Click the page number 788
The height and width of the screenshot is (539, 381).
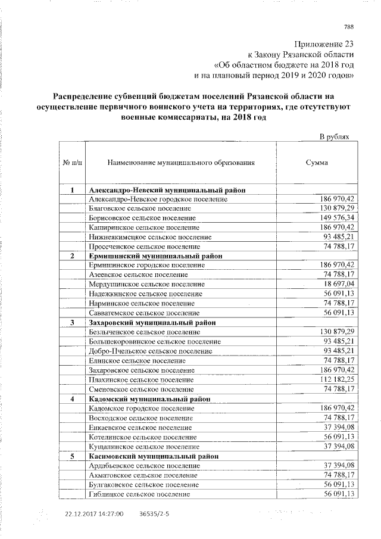point(349,26)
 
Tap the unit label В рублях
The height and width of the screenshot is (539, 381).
point(338,136)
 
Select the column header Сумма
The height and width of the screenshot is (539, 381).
point(316,162)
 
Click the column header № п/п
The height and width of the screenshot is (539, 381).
point(72,162)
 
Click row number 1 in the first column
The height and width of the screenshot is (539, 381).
point(72,190)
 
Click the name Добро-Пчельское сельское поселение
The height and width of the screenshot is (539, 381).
point(150,351)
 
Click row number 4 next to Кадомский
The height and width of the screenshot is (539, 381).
point(72,398)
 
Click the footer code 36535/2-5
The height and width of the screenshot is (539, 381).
point(154,514)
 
